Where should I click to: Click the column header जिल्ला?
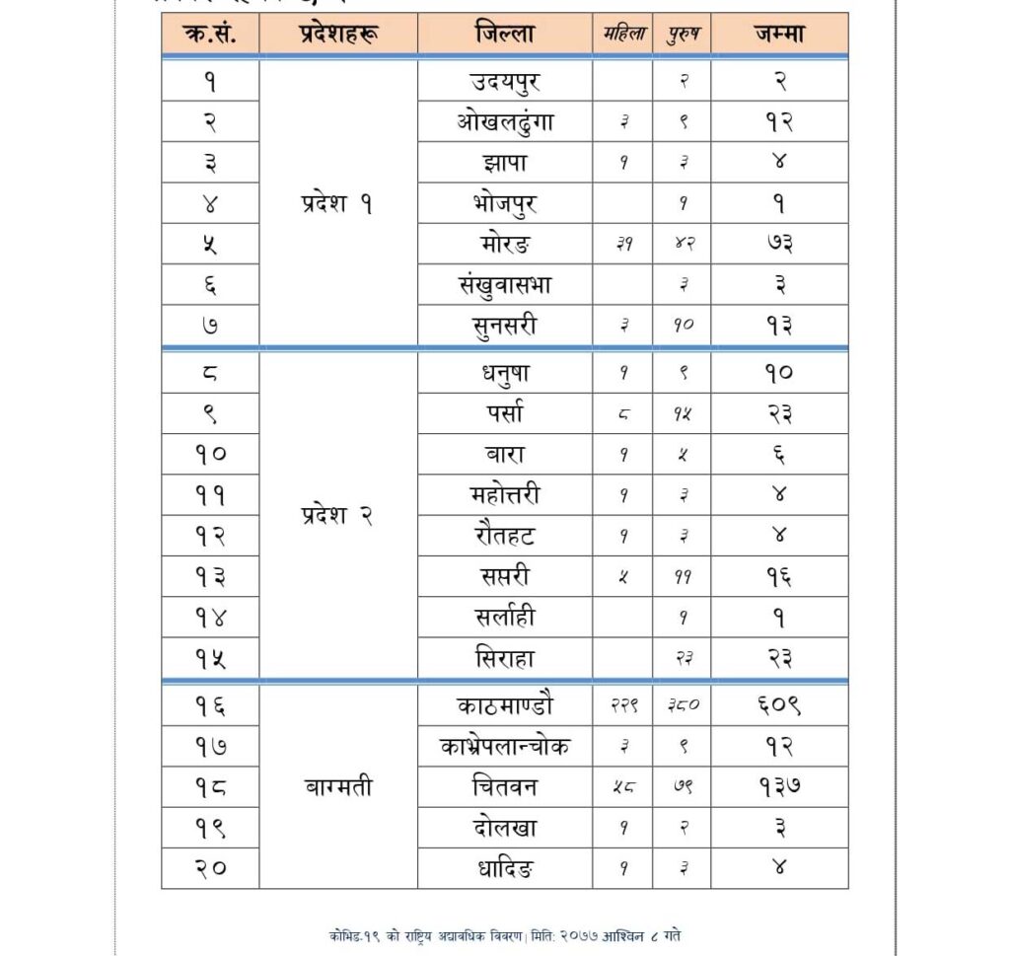click(504, 34)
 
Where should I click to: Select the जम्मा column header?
click(779, 34)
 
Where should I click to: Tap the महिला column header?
click(623, 34)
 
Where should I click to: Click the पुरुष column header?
click(682, 34)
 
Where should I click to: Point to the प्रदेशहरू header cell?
click(338, 34)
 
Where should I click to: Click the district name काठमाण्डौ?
click(504, 705)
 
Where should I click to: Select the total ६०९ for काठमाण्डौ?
click(779, 705)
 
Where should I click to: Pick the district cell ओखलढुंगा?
click(504, 122)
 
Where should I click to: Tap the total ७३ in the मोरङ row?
click(779, 244)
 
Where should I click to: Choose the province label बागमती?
click(338, 787)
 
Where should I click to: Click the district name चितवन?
click(504, 787)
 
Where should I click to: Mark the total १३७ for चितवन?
click(779, 787)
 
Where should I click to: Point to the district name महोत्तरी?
click(504, 494)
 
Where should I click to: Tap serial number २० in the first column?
click(210, 869)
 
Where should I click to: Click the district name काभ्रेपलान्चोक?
click(504, 747)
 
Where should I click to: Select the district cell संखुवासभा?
click(504, 284)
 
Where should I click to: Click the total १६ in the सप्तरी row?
click(779, 576)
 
